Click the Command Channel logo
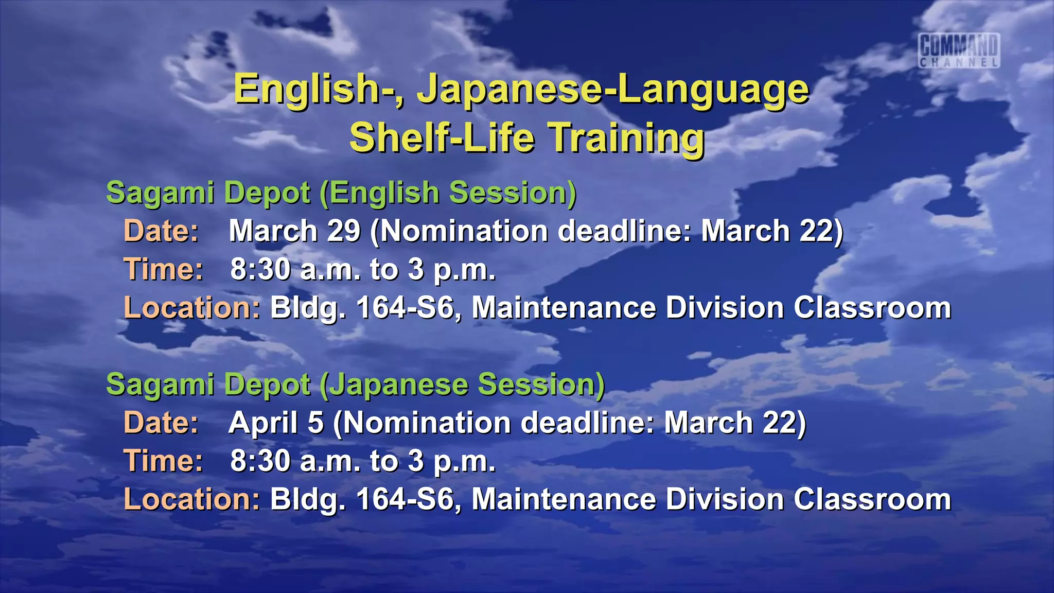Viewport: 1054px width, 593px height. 959,50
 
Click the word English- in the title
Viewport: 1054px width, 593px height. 319,90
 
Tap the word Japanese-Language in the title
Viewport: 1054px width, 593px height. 612,90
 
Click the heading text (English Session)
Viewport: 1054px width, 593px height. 448,193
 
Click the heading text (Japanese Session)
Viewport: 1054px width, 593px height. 462,385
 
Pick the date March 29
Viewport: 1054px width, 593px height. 294,231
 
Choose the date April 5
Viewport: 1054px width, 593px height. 276,423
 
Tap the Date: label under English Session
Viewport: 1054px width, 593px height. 161,231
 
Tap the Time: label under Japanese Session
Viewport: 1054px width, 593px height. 164,461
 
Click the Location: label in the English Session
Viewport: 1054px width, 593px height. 192,308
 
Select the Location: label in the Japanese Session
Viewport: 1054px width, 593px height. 192,499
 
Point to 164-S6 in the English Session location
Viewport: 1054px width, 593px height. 406,308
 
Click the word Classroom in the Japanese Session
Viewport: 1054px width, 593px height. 872,499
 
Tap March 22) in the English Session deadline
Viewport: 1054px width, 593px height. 772,231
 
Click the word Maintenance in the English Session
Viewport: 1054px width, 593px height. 564,308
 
